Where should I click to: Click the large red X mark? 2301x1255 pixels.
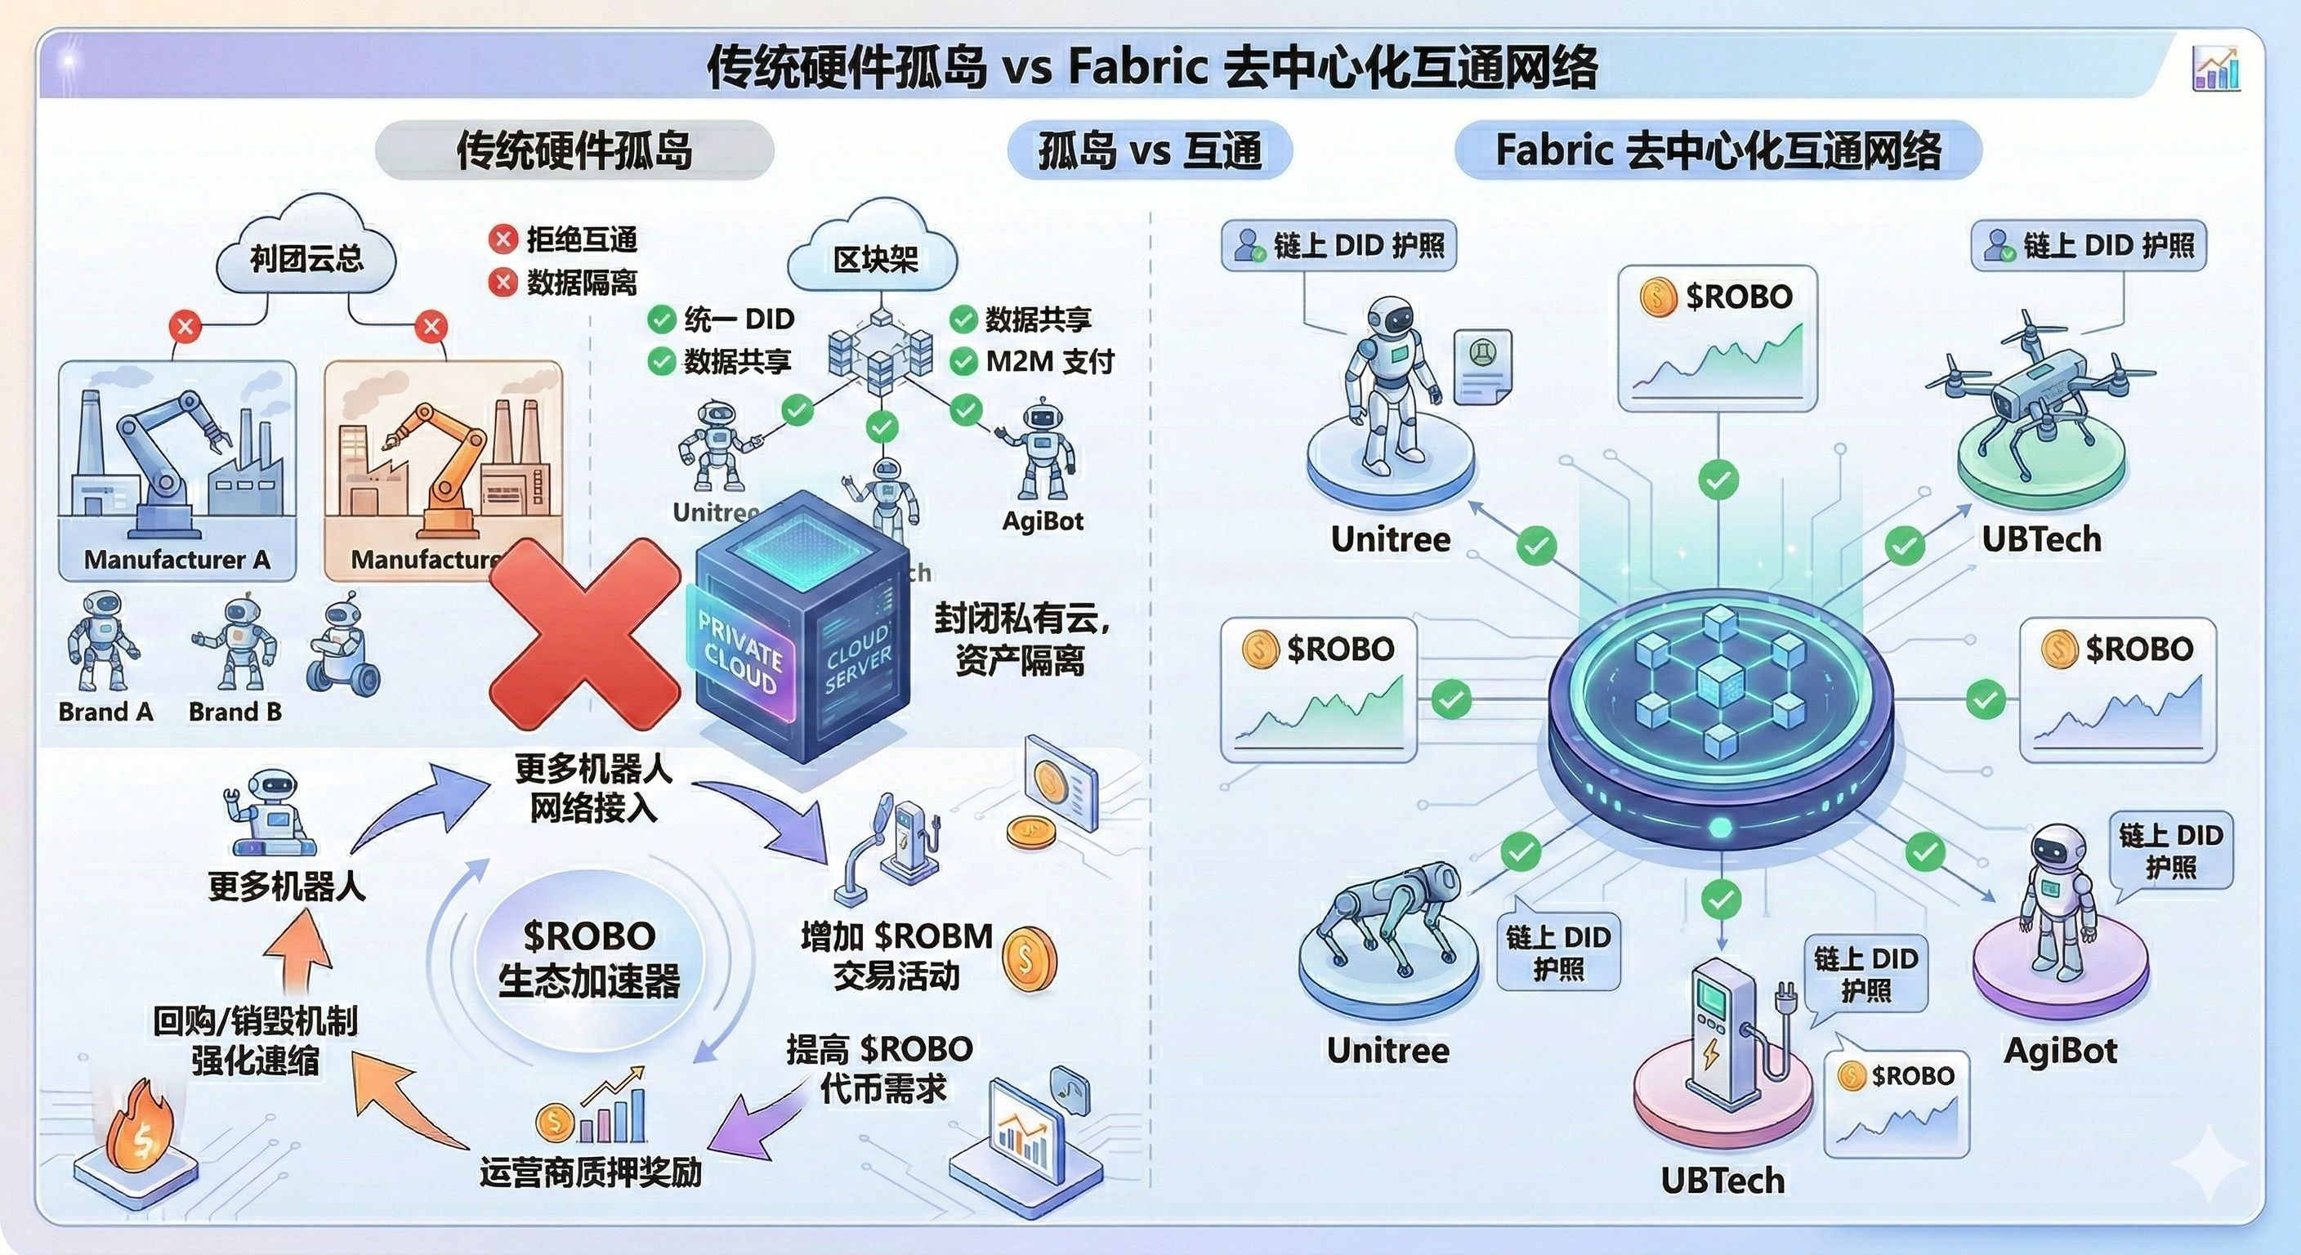coord(585,635)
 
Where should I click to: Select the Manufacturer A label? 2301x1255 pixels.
coord(176,560)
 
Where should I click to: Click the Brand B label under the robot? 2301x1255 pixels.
coord(235,712)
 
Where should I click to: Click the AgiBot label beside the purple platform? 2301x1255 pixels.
coord(2060,1051)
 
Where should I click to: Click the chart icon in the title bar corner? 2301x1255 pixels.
coord(2216,69)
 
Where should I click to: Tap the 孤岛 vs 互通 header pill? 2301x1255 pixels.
coord(1150,150)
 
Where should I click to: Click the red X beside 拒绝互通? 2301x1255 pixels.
coord(503,239)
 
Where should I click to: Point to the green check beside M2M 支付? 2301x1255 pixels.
coord(963,362)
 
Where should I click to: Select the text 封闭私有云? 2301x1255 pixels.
coord(1021,619)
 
